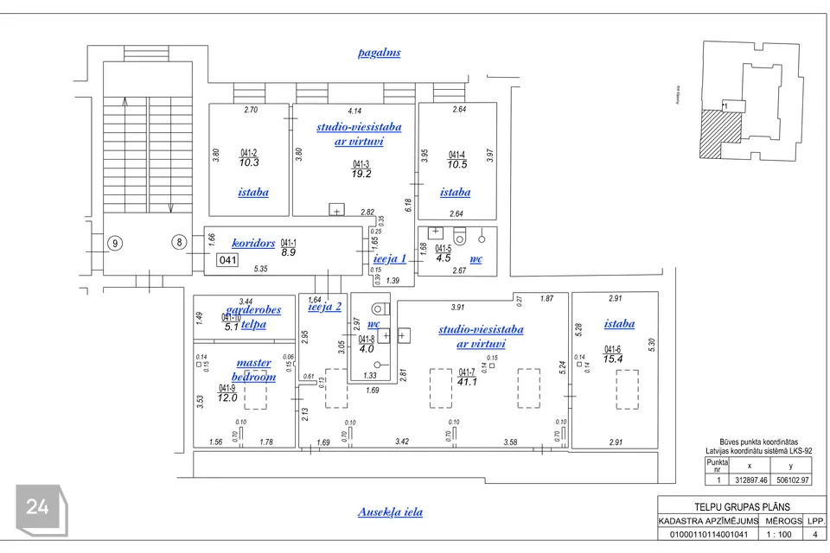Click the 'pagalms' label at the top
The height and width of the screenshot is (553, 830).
coord(380,53)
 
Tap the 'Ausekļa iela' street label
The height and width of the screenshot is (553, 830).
coord(390,512)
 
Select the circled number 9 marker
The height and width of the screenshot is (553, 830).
coord(114,244)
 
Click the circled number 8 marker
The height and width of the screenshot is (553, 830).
coord(180,243)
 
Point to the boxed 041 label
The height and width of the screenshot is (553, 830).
coord(227,260)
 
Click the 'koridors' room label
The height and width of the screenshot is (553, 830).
coord(253,244)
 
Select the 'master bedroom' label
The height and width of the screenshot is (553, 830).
coord(253,370)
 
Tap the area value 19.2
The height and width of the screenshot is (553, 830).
coord(361,174)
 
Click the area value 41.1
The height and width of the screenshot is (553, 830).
coord(468,382)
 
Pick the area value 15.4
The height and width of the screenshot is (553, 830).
coord(613,358)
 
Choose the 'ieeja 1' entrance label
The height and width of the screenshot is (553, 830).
coord(389,258)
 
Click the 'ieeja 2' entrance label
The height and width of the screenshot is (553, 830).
coord(325,306)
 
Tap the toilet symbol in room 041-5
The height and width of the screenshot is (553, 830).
coord(459,234)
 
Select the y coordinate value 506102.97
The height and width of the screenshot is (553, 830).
coord(792,480)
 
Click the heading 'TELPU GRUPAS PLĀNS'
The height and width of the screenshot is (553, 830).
coord(742,507)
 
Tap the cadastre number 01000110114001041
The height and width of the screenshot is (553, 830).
coord(708,536)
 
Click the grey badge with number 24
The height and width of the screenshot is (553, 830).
coord(37,508)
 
